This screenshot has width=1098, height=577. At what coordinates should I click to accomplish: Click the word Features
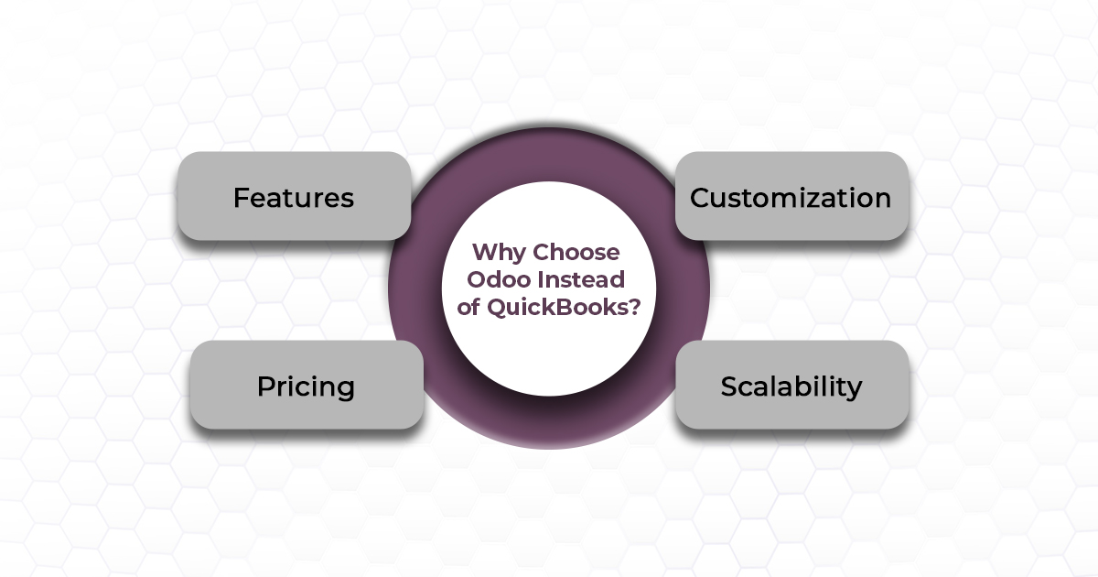(x=293, y=198)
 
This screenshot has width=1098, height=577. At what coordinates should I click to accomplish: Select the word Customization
(x=791, y=198)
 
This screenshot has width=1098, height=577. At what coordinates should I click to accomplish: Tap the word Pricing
(x=306, y=386)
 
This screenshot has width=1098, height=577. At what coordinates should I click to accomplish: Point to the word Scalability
(x=791, y=386)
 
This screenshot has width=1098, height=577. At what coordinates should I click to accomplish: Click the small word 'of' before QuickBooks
(x=468, y=308)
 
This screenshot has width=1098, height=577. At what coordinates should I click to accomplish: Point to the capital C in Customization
(x=700, y=198)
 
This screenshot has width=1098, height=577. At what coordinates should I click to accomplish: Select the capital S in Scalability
(x=729, y=386)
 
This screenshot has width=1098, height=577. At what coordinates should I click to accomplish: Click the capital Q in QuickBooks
(x=495, y=308)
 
